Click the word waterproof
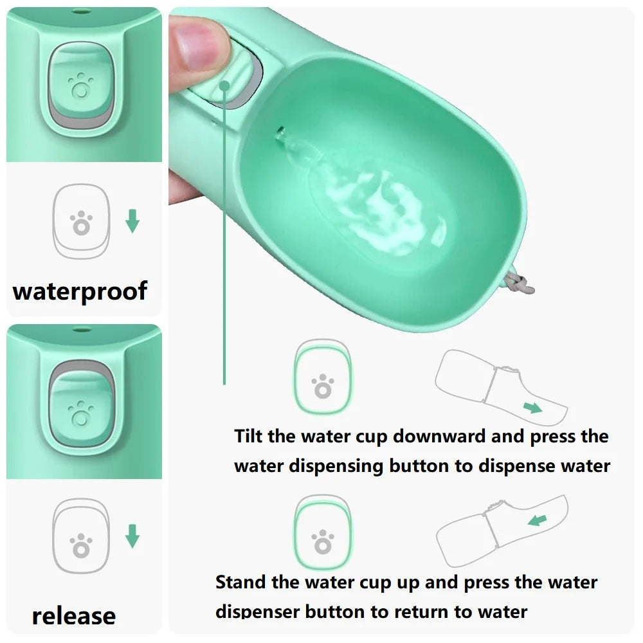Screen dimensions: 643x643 80,291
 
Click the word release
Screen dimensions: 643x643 74,616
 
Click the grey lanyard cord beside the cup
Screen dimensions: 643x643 518,282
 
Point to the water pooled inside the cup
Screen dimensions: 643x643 377,205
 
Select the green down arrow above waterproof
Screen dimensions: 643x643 132,221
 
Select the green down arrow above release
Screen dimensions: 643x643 132,536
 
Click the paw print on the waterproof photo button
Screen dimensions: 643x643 80,86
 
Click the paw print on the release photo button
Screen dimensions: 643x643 80,413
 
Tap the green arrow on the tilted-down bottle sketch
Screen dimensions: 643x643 532,408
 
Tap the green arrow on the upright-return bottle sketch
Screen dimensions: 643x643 537,520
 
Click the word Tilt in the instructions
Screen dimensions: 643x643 248,436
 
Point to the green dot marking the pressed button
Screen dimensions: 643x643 224,86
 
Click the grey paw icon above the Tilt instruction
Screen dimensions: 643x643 323,386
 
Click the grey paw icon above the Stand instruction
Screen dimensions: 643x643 323,541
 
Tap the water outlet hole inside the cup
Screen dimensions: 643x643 280,132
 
